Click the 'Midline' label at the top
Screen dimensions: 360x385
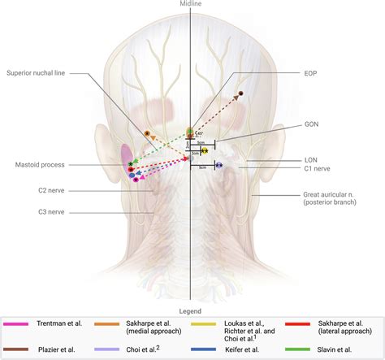tap(192, 4)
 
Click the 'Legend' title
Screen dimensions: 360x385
tap(192, 310)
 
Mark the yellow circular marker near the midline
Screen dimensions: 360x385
tap(205, 151)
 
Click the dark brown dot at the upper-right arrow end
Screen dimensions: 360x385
tap(241, 94)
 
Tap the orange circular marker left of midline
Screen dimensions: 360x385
tap(147, 132)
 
